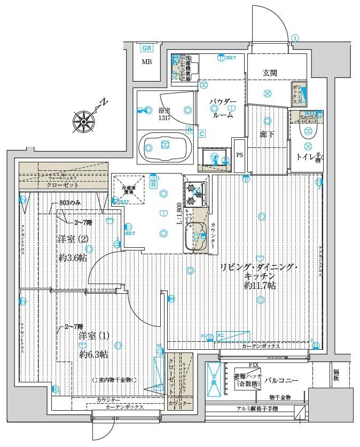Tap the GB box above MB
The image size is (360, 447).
146,48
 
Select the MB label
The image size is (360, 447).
146,62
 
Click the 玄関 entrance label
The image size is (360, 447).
269,73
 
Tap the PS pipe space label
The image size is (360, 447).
240,154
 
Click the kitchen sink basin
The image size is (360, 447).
195,236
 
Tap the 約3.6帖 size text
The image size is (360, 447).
73,257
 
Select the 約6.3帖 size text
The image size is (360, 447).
95,354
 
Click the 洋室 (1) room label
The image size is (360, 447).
94,336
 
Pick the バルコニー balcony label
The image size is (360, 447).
280,380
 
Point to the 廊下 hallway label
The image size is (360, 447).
267,135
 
